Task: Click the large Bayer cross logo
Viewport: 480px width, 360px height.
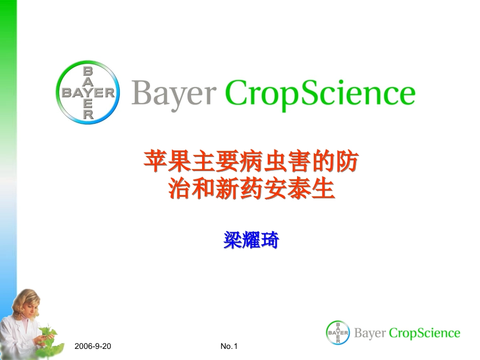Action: [x=88, y=93]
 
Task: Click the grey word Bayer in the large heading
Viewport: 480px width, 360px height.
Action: [x=174, y=93]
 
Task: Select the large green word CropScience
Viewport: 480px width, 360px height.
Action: [x=319, y=93]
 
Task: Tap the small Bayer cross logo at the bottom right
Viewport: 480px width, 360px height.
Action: [x=338, y=333]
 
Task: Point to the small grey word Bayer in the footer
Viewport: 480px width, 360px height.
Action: [x=370, y=333]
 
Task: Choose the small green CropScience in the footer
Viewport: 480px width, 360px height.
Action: [x=425, y=333]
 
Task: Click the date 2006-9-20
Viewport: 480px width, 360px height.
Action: [x=92, y=346]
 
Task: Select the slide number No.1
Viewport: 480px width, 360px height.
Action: [x=229, y=346]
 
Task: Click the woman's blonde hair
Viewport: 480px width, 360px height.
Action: [x=25, y=300]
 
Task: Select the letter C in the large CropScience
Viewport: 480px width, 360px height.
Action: [x=236, y=93]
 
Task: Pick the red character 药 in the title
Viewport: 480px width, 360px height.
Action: [x=251, y=190]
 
